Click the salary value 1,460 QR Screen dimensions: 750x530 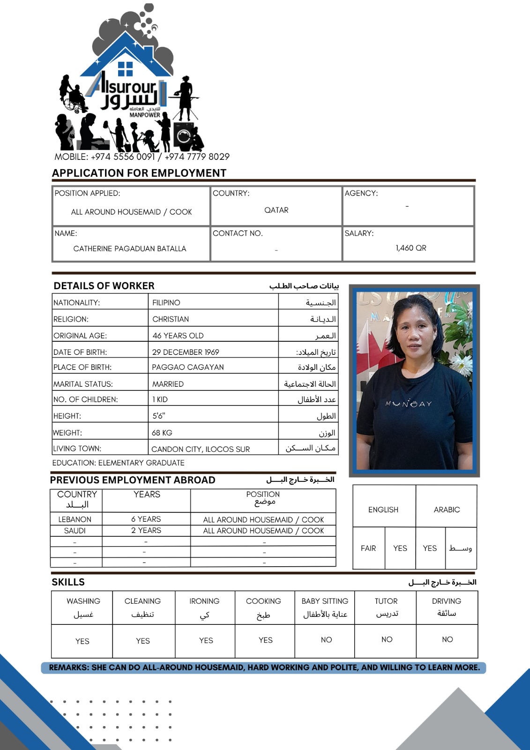point(411,248)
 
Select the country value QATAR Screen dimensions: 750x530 point(276,210)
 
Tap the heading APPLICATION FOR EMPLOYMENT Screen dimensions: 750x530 point(139,173)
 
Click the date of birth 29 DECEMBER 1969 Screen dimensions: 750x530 point(186,352)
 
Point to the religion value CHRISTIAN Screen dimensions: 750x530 point(171,319)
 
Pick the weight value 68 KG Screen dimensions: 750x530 point(162,433)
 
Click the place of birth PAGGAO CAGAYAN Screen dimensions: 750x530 point(187,367)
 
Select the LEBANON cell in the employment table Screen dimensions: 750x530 point(75,519)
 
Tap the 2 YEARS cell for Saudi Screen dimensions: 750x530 point(146,530)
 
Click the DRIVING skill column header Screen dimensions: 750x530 point(447,601)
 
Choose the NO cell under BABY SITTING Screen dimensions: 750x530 point(326,640)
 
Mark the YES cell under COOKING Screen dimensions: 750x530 point(265,640)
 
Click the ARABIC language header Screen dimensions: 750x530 point(447,510)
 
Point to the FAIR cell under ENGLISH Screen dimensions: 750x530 point(368,548)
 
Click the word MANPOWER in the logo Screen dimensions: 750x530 point(145,115)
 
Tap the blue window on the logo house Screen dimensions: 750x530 point(126,69)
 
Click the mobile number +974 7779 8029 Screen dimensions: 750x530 point(197,157)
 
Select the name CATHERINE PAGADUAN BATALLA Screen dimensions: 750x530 point(130,248)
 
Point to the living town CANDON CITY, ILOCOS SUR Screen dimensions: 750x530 point(201,449)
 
